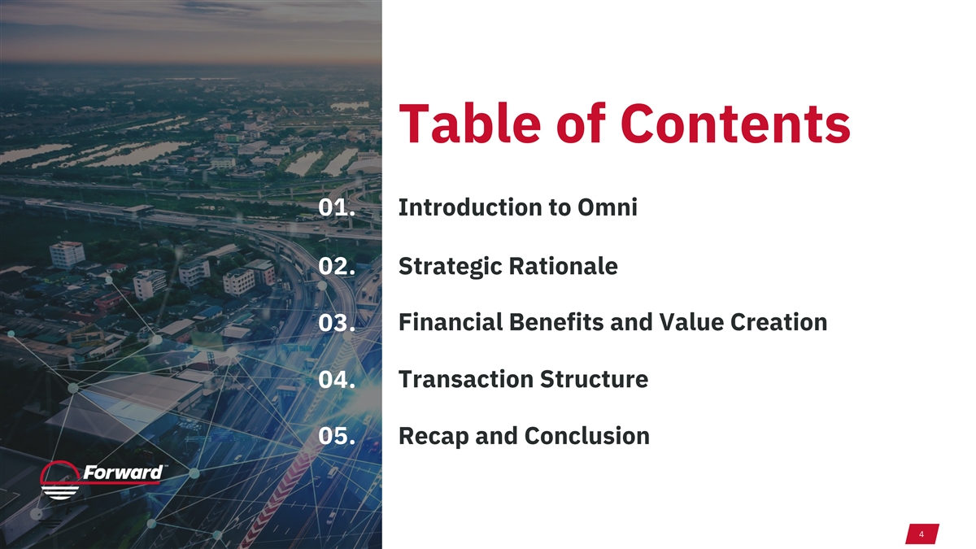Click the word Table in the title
point(470,124)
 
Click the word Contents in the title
point(735,124)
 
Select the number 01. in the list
point(337,207)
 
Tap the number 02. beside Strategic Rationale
point(337,266)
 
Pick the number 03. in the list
point(337,323)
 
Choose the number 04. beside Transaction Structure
point(337,380)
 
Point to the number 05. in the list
point(337,436)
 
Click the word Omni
point(608,207)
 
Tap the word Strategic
point(450,267)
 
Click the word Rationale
point(563,266)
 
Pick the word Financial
point(451,322)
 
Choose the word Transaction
point(466,379)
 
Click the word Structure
point(595,379)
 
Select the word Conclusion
point(587,436)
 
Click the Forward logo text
point(123,473)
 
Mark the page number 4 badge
point(922,534)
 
